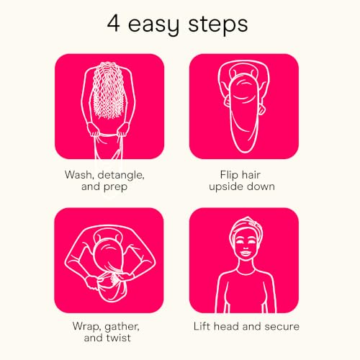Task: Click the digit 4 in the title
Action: [x=113, y=24]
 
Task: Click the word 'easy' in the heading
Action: [x=153, y=26]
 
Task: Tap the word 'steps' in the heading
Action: [x=217, y=24]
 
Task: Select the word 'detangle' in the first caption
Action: [x=121, y=175]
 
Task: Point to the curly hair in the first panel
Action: [x=109, y=91]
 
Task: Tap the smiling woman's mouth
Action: [x=246, y=253]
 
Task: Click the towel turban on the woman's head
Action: [x=246, y=226]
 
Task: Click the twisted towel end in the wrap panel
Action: [x=110, y=292]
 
